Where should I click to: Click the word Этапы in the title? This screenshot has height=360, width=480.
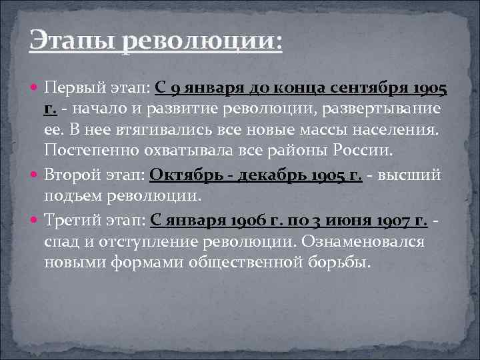coord(71,41)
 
